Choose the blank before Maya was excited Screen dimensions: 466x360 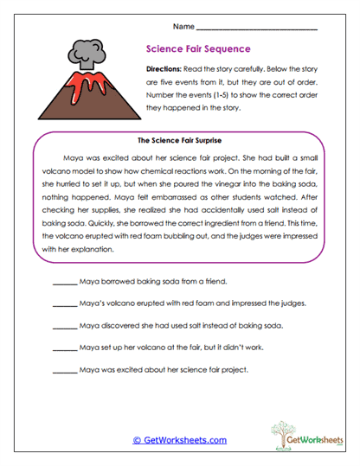point(65,370)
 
